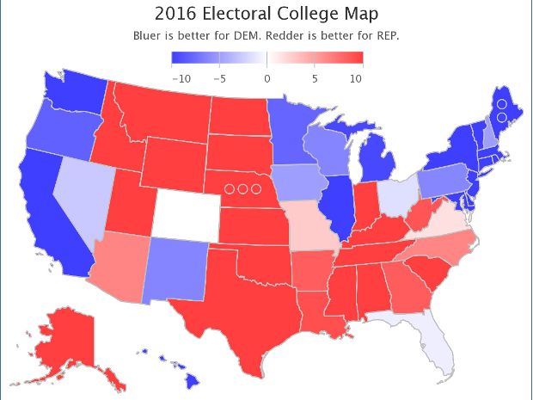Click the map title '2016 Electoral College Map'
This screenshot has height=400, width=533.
coord(266,15)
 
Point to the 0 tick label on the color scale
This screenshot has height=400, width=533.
coord(266,78)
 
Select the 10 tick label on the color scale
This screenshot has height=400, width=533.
coord(356,78)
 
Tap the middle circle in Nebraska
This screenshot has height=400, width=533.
coord(242,188)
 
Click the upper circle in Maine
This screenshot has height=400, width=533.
coord(500,104)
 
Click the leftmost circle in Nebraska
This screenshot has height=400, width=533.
coord(230,188)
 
